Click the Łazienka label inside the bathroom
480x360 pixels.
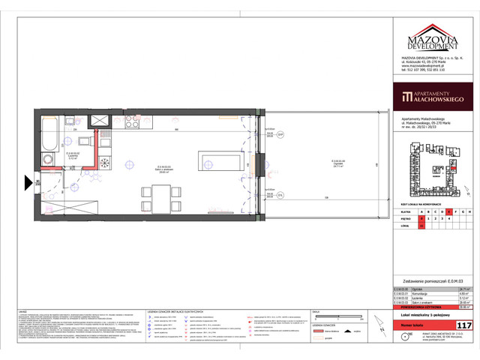[x=73, y=157]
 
